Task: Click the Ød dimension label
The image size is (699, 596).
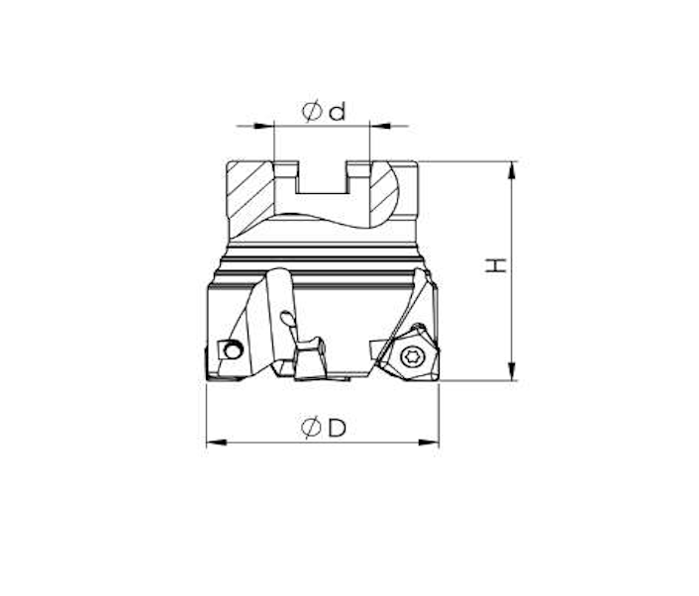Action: pyautogui.click(x=324, y=112)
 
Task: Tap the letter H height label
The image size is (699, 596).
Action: pyautogui.click(x=496, y=264)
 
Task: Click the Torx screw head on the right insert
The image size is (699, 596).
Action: pyautogui.click(x=411, y=356)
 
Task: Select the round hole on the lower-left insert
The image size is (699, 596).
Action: pyautogui.click(x=233, y=349)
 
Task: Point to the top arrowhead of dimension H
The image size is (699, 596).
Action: pyautogui.click(x=512, y=170)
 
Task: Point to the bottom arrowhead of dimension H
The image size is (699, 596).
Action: pyautogui.click(x=512, y=372)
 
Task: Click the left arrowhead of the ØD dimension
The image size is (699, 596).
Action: pyautogui.click(x=216, y=443)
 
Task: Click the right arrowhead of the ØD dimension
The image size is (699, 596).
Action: pyautogui.click(x=429, y=443)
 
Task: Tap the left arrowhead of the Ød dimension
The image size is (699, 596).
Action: pyautogui.click(x=263, y=126)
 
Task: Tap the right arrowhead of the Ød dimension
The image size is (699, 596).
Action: pyautogui.click(x=380, y=126)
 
